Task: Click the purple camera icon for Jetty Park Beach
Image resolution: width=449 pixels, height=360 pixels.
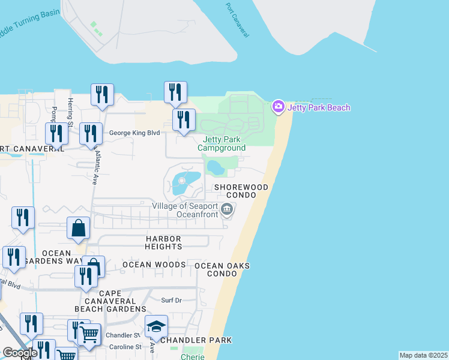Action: (x=279, y=107)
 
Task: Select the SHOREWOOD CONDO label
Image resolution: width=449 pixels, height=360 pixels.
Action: (x=241, y=191)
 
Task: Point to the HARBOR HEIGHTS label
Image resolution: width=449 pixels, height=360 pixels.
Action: (x=163, y=242)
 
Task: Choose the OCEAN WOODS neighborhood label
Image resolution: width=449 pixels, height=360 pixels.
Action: (x=154, y=265)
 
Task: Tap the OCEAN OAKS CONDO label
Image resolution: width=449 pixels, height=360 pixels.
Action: (x=221, y=269)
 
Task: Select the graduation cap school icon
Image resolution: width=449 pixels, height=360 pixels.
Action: (x=156, y=326)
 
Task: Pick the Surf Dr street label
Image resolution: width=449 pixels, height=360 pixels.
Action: (x=171, y=300)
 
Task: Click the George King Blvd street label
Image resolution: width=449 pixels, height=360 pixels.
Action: (x=134, y=133)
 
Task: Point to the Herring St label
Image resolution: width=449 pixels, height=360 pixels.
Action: (x=70, y=112)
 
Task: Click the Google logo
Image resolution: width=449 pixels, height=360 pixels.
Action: (x=20, y=353)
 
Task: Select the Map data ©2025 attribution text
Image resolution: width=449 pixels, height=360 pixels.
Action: (x=423, y=355)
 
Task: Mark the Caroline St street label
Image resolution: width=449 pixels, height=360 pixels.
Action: (x=125, y=347)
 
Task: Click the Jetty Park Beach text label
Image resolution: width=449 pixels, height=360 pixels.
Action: (x=319, y=107)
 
